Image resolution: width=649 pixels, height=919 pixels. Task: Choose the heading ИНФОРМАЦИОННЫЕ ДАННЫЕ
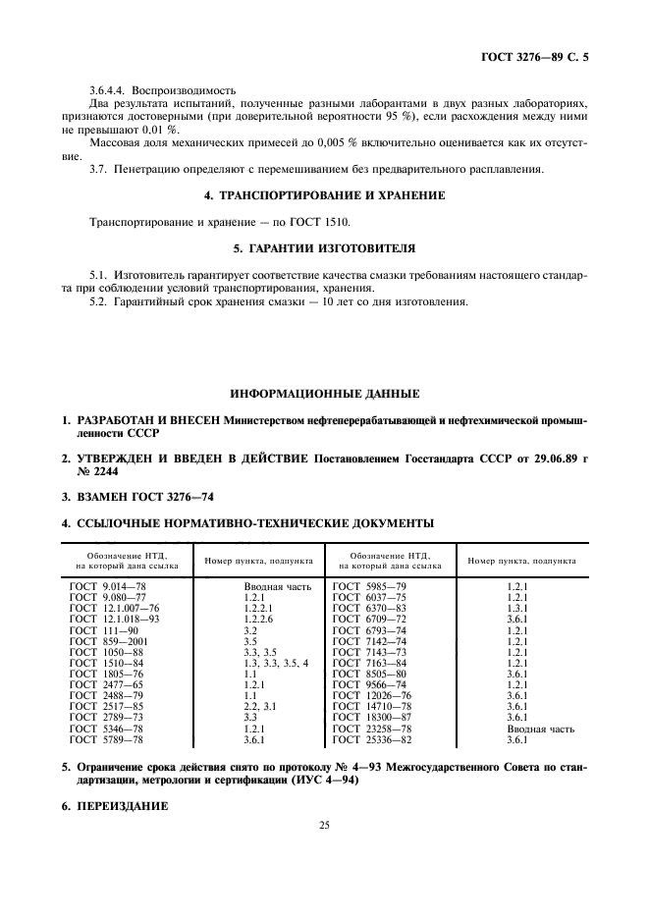(x=324, y=394)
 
